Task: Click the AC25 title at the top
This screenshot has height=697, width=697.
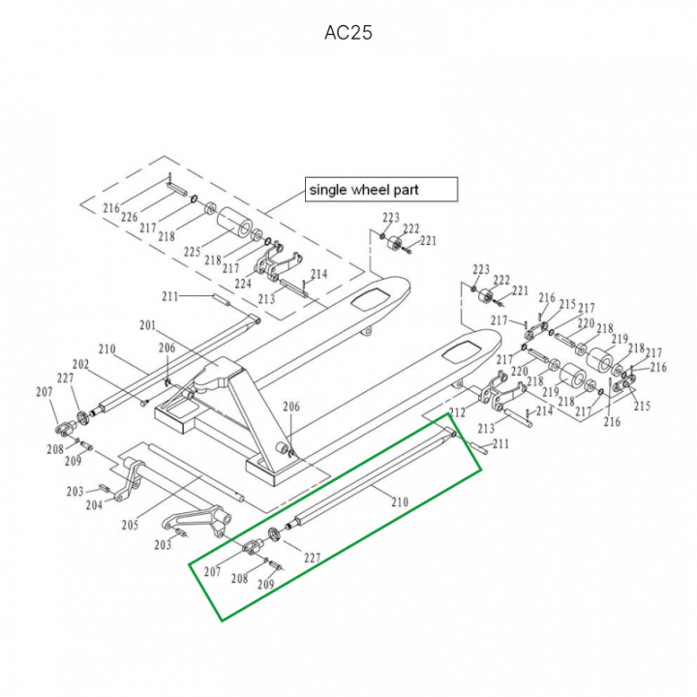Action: [x=348, y=33]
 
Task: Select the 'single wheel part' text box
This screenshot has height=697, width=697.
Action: [x=380, y=189]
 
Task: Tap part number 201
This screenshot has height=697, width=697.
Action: [x=147, y=325]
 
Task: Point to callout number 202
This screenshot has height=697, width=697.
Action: [x=80, y=364]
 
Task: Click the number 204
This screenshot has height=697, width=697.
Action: [x=94, y=504]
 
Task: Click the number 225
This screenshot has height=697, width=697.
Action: [x=192, y=252]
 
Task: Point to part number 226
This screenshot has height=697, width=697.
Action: [x=129, y=218]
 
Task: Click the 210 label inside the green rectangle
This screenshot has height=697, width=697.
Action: [x=399, y=500]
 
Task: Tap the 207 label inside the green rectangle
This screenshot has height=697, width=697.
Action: [x=213, y=572]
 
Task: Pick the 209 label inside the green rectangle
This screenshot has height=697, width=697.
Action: [x=265, y=584]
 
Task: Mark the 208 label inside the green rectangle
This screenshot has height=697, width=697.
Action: [x=238, y=578]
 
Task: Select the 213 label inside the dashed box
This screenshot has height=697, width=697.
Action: [x=266, y=298]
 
